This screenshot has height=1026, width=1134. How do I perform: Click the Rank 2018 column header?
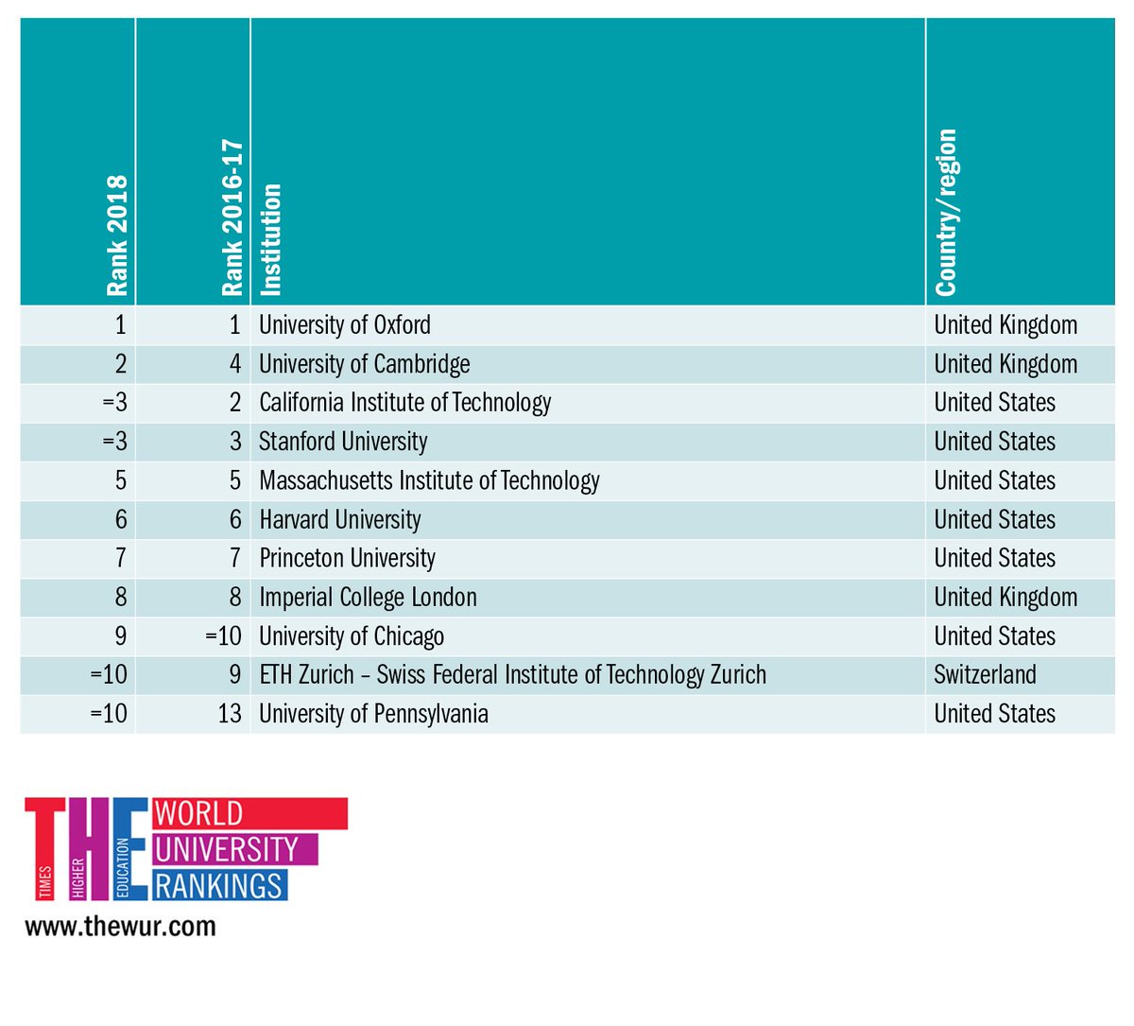116,235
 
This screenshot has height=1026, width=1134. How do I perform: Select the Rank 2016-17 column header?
232,218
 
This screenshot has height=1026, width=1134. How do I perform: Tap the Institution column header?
270,239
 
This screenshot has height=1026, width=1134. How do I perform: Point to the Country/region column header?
946,213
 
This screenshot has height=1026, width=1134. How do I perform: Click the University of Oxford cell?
345,325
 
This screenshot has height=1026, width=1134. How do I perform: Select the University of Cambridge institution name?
365,364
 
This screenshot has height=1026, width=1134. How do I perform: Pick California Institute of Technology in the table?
405,403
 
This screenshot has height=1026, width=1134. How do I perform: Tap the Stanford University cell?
343,442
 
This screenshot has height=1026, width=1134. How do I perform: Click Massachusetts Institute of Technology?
429,480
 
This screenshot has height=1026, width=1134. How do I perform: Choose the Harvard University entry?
340,519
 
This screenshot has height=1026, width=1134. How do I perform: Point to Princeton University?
348,558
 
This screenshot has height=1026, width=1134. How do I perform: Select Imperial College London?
369,597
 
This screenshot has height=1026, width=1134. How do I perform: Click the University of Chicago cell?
352,635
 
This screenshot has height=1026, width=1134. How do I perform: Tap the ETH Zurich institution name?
513,674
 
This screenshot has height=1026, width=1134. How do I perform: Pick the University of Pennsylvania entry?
374,713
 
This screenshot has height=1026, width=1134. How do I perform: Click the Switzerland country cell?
986,674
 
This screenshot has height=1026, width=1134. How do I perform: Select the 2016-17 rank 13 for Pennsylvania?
230,713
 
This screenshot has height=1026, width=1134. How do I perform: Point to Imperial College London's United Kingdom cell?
1005,597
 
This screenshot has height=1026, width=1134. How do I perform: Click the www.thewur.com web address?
120,926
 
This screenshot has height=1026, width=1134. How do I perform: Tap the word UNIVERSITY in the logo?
226,849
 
